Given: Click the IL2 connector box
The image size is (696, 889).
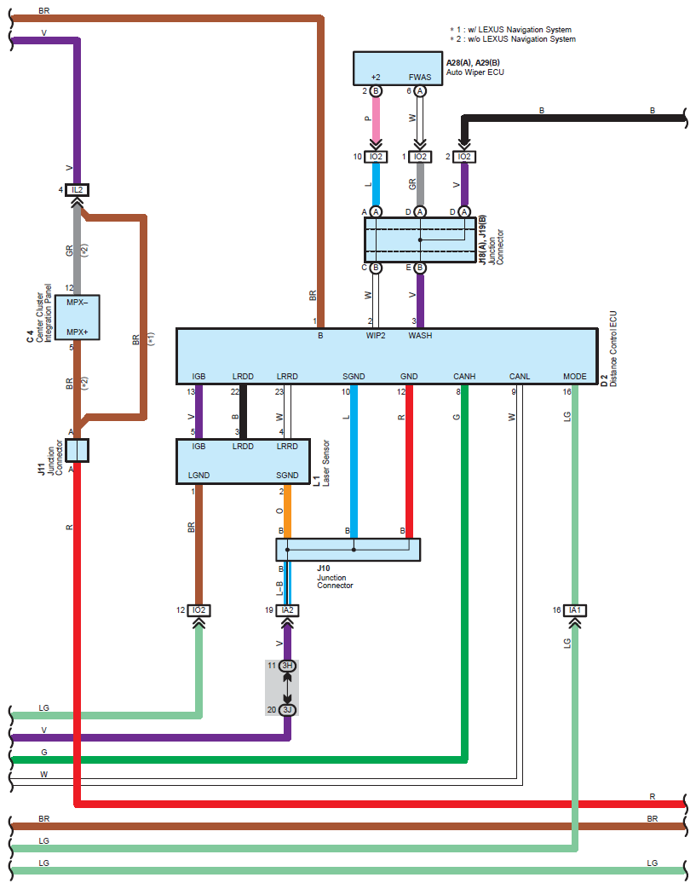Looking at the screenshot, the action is tap(77, 190).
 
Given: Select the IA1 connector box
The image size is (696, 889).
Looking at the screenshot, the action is tap(575, 610).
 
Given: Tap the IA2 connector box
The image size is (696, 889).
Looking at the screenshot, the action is tap(287, 610).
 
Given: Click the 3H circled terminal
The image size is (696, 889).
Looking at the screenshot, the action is tap(287, 666).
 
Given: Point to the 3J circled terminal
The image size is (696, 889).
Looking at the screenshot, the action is tap(287, 710).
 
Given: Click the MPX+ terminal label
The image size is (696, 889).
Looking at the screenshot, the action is tap(77, 332).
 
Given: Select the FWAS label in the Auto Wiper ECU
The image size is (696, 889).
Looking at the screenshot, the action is tap(420, 77).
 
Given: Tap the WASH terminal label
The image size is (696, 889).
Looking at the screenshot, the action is tap(420, 336).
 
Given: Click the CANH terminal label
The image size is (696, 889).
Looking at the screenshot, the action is tap(464, 377).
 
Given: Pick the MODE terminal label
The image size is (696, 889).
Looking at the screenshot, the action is tap(575, 377).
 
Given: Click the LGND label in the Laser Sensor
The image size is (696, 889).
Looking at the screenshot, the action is tap(199, 475).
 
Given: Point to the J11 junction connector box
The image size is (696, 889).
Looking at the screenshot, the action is tap(77, 451).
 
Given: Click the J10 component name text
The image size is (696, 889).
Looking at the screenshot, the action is tap(324, 569).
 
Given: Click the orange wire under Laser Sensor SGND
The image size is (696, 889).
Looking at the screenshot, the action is tap(287, 511).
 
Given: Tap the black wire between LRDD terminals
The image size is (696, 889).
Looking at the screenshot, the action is tap(243, 413).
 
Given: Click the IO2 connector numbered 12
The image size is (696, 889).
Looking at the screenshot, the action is tap(199, 610).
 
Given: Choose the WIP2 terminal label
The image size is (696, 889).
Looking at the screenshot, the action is tap(376, 336).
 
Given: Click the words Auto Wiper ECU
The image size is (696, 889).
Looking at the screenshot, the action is tap(475, 72).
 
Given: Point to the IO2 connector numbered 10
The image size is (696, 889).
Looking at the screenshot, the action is tap(376, 157).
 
